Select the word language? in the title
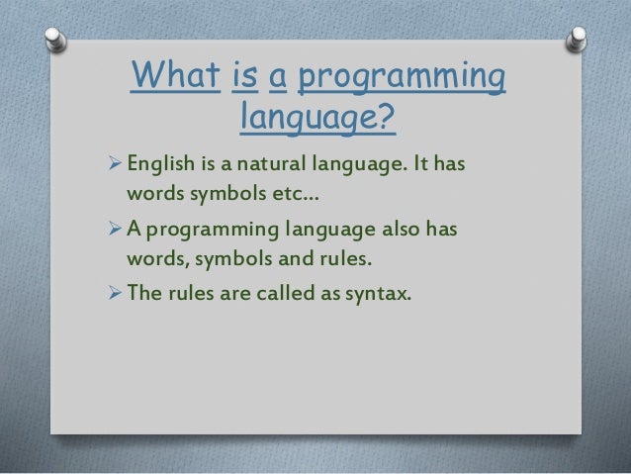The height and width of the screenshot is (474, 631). pyautogui.click(x=317, y=121)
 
